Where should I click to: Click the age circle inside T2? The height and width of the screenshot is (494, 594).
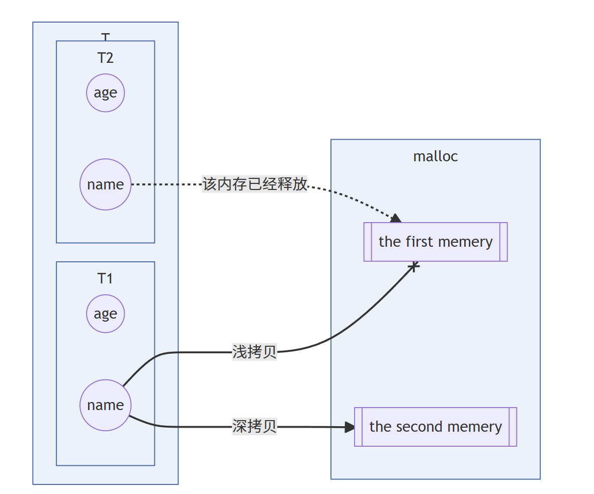tap(105, 93)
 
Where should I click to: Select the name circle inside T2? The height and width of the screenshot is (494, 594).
tap(105, 184)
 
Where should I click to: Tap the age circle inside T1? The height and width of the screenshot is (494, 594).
tap(105, 314)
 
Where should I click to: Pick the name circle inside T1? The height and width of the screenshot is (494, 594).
tap(105, 405)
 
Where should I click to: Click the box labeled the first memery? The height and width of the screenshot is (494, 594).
tap(436, 242)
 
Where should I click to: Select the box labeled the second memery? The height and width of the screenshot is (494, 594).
tap(436, 427)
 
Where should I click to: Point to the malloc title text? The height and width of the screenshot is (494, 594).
tap(436, 156)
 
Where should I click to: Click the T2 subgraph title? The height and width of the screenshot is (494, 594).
tap(105, 58)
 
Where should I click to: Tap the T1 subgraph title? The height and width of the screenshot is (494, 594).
tap(105, 278)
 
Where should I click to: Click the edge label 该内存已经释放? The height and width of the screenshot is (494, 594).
tap(254, 184)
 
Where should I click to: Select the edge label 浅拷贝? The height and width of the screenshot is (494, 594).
tap(254, 352)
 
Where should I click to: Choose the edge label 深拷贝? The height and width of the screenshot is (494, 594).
tap(254, 427)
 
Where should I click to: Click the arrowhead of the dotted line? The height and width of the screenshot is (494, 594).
tap(396, 218)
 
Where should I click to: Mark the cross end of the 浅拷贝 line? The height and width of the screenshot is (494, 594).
tap(413, 266)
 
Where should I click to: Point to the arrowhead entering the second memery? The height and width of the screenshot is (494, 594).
tap(350, 427)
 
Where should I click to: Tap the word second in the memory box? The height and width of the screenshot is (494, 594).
tap(420, 427)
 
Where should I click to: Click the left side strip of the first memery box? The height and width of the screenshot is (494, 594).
tap(368, 242)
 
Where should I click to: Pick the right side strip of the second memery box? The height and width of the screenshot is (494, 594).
tap(513, 427)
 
